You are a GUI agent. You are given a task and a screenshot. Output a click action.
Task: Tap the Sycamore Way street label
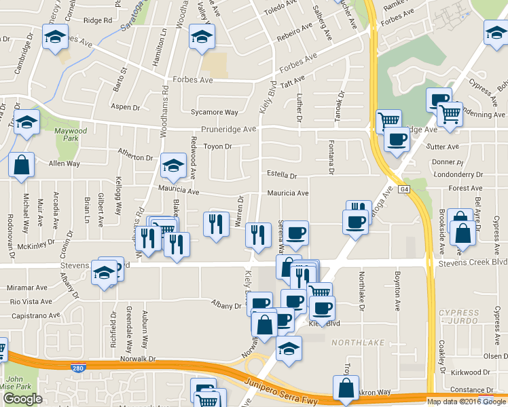click(215, 112)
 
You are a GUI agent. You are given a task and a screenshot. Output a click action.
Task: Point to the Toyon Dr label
click(219, 146)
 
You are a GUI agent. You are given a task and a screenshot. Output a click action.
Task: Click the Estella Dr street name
click(282, 175)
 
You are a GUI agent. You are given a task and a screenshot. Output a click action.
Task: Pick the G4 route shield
click(404, 190)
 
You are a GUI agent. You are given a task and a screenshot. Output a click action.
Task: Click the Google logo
click(22, 399)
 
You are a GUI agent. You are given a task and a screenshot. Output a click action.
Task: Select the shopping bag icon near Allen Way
click(22, 165)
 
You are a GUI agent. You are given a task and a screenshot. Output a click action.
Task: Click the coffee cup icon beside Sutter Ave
click(397, 140)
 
